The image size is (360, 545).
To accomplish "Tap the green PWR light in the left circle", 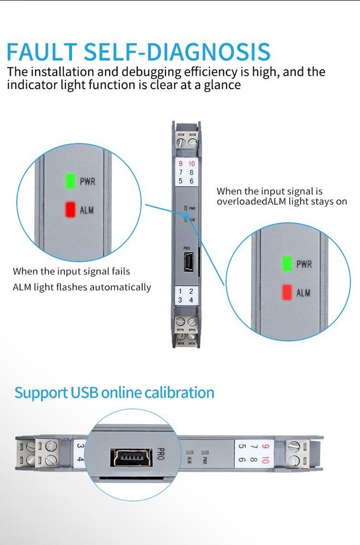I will click(70, 181).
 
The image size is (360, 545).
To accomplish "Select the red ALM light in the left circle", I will click(70, 209).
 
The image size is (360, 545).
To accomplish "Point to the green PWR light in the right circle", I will click(286, 264).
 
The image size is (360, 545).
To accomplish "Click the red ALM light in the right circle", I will click(286, 293).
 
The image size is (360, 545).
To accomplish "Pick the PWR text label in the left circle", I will click(88, 181).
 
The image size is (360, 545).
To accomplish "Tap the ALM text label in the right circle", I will click(303, 293).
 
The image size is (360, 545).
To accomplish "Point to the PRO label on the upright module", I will click(186, 248).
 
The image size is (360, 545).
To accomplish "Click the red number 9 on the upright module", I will click(180, 164).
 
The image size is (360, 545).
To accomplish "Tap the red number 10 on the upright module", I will click(191, 164).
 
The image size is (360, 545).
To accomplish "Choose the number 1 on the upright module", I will click(180, 292).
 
